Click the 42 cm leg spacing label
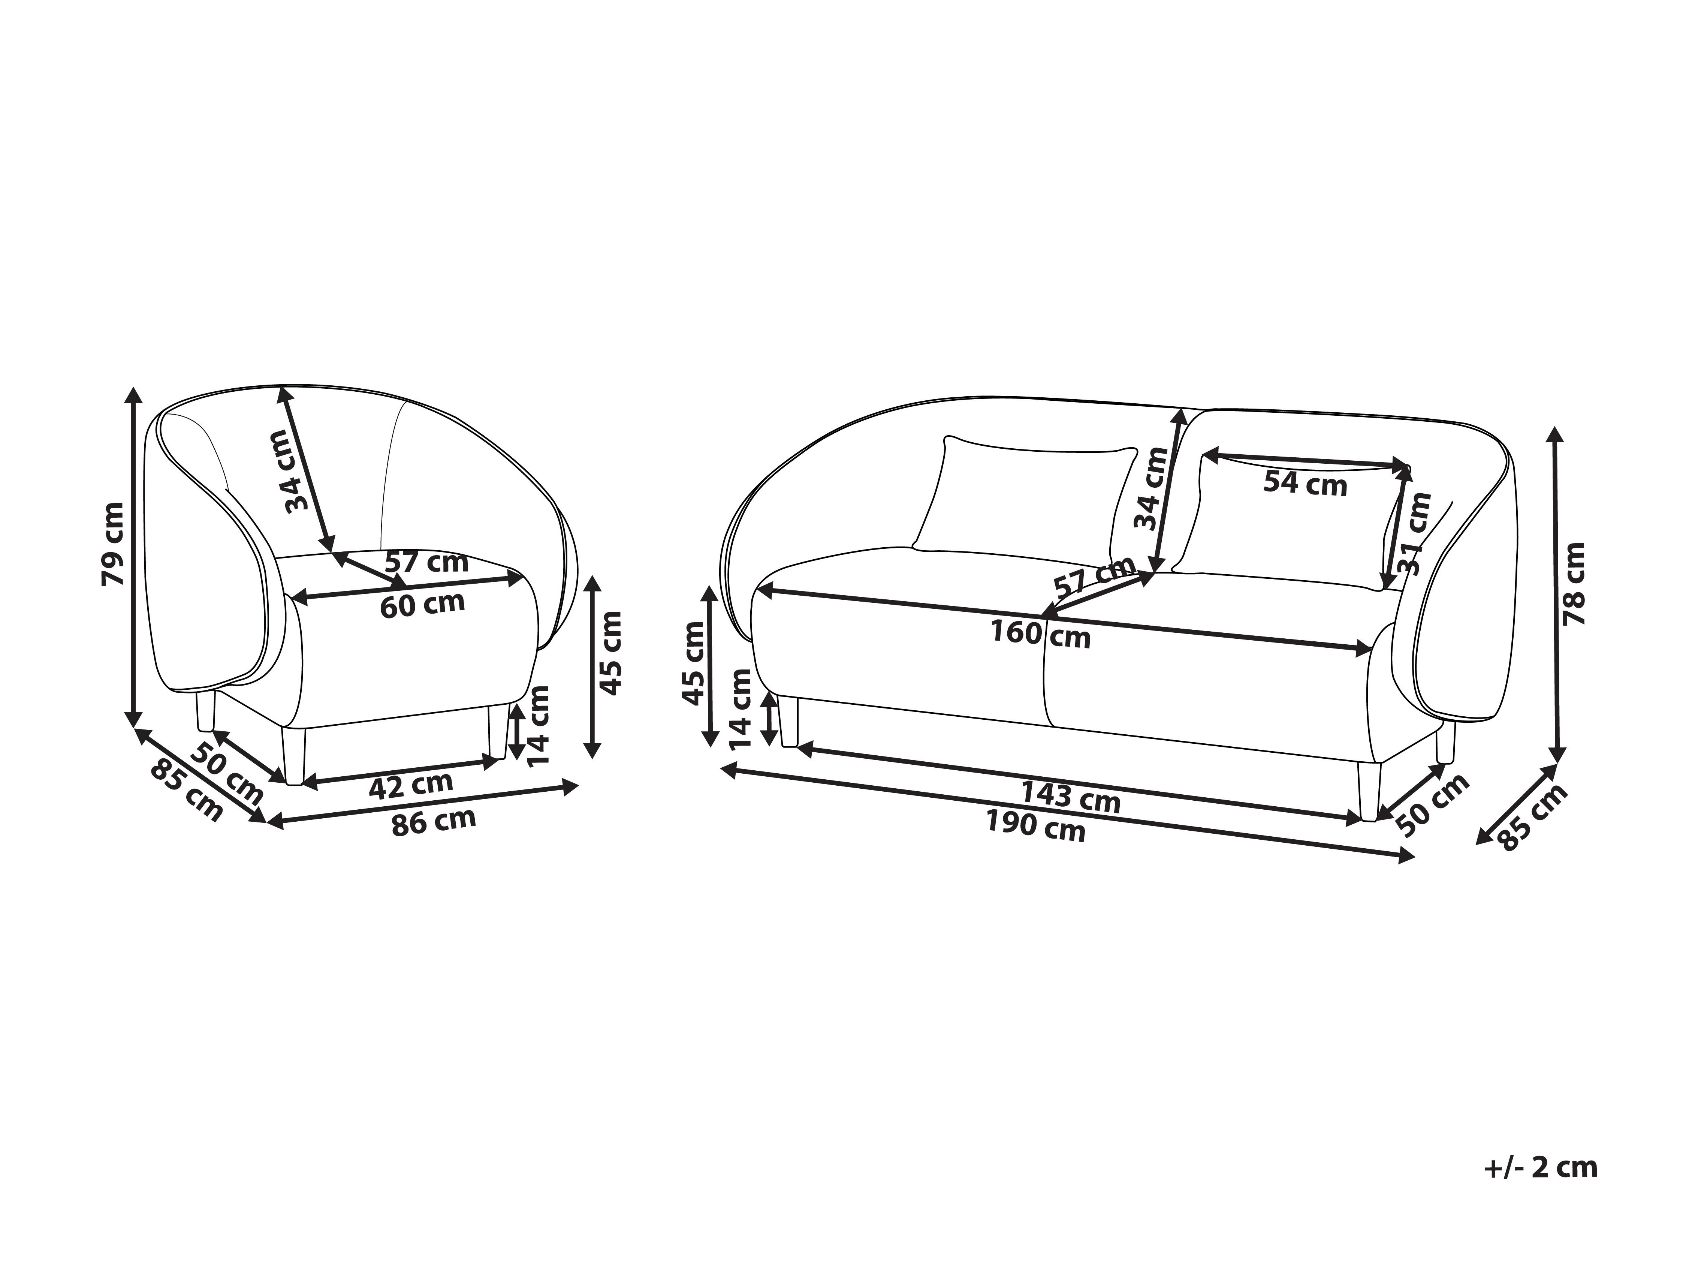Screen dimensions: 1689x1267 [x=411, y=784]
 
